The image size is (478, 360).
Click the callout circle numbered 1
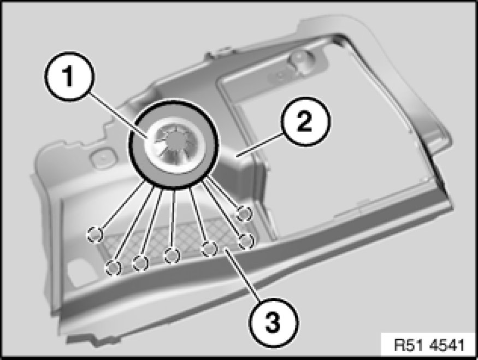coord(69,76)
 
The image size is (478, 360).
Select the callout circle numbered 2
coord(305,121)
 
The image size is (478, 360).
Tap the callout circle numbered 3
coord(274,322)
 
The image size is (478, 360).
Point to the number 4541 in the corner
coord(447,345)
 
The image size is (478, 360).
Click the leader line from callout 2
coord(260,146)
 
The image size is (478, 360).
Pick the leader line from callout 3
coord(243,275)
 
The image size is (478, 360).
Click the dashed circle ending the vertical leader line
coord(172,256)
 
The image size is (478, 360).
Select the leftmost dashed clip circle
coord(95,235)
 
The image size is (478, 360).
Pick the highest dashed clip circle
coord(244,214)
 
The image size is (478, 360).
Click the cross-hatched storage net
coord(170,241)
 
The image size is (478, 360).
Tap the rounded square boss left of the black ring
coord(103,157)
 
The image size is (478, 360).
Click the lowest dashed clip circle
coord(114,268)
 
